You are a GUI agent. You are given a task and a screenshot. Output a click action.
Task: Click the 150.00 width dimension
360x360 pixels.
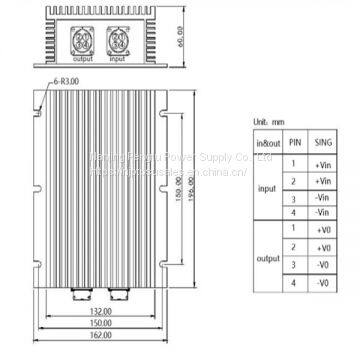[98, 324]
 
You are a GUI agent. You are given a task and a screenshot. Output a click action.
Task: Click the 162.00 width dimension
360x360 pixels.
[98, 337]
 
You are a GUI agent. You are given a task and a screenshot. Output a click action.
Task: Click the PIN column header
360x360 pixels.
[294, 144]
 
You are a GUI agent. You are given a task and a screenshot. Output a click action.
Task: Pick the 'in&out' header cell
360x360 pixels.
[267, 144]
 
